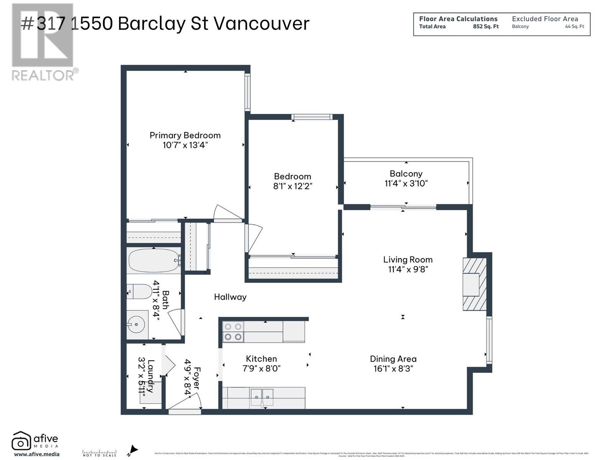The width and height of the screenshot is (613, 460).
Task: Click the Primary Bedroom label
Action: tap(185, 135)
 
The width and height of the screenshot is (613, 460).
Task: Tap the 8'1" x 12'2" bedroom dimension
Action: tap(292, 186)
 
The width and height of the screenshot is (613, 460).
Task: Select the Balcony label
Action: tap(406, 174)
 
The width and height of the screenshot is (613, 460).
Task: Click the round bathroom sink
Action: tap(136, 324)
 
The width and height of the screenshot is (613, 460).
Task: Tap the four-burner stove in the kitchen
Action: tap(233, 332)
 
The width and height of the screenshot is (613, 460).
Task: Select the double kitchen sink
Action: tap(262, 397)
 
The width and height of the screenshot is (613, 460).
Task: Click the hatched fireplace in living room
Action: tap(474, 284)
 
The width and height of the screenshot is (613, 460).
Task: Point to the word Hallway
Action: tap(230, 297)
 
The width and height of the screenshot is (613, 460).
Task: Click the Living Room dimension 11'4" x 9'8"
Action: tap(408, 269)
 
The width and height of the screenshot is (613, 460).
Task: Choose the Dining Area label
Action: tap(393, 359)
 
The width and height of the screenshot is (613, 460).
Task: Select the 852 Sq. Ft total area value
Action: tap(485, 27)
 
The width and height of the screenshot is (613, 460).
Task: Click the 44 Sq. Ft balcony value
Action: tap(574, 27)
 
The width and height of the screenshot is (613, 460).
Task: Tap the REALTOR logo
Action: tap(43, 42)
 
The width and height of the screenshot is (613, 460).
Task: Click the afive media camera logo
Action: tap(21, 441)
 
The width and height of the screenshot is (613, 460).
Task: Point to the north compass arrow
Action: tap(132, 450)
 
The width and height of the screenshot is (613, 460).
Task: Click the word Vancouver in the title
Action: tap(261, 24)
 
